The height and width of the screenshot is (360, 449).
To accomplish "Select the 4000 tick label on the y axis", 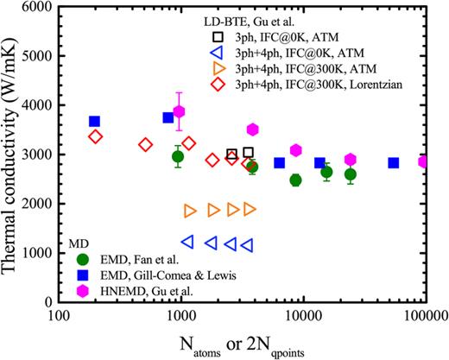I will point(37,105).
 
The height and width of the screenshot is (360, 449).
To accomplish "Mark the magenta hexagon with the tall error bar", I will point(180,111).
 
